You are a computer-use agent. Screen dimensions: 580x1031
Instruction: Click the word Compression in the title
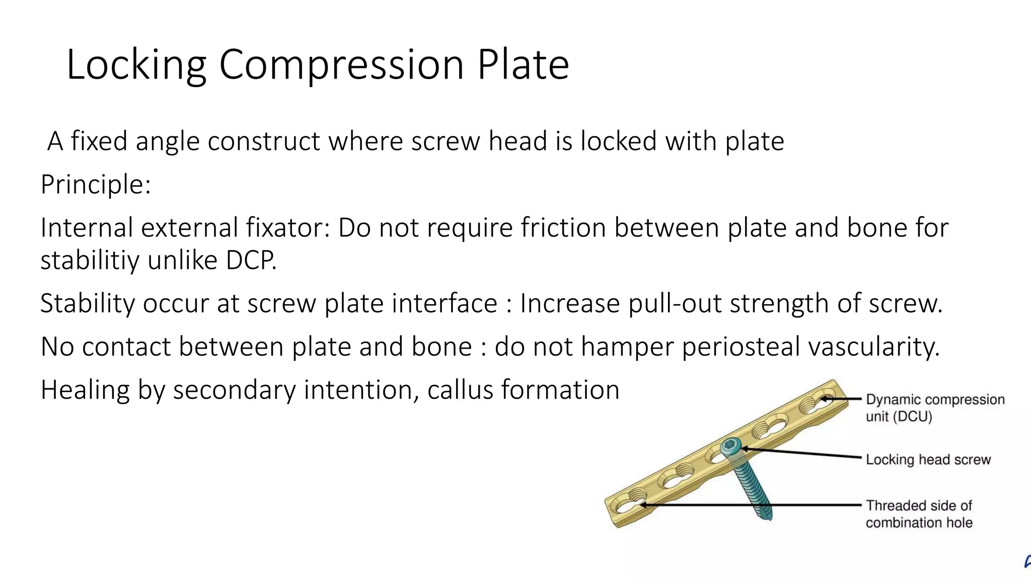341,65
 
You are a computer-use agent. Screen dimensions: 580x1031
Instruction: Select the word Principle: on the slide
96,185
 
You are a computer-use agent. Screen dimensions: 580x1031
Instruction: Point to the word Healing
85,391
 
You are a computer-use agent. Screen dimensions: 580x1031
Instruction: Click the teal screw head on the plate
730,446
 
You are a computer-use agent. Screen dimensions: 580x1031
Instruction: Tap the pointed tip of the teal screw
766,516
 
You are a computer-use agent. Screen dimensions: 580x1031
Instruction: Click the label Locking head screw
928,460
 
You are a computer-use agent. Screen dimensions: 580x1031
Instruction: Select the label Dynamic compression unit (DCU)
935,408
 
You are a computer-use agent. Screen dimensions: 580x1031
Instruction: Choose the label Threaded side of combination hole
919,514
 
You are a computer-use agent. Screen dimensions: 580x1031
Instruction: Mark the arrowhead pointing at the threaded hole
642,504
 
